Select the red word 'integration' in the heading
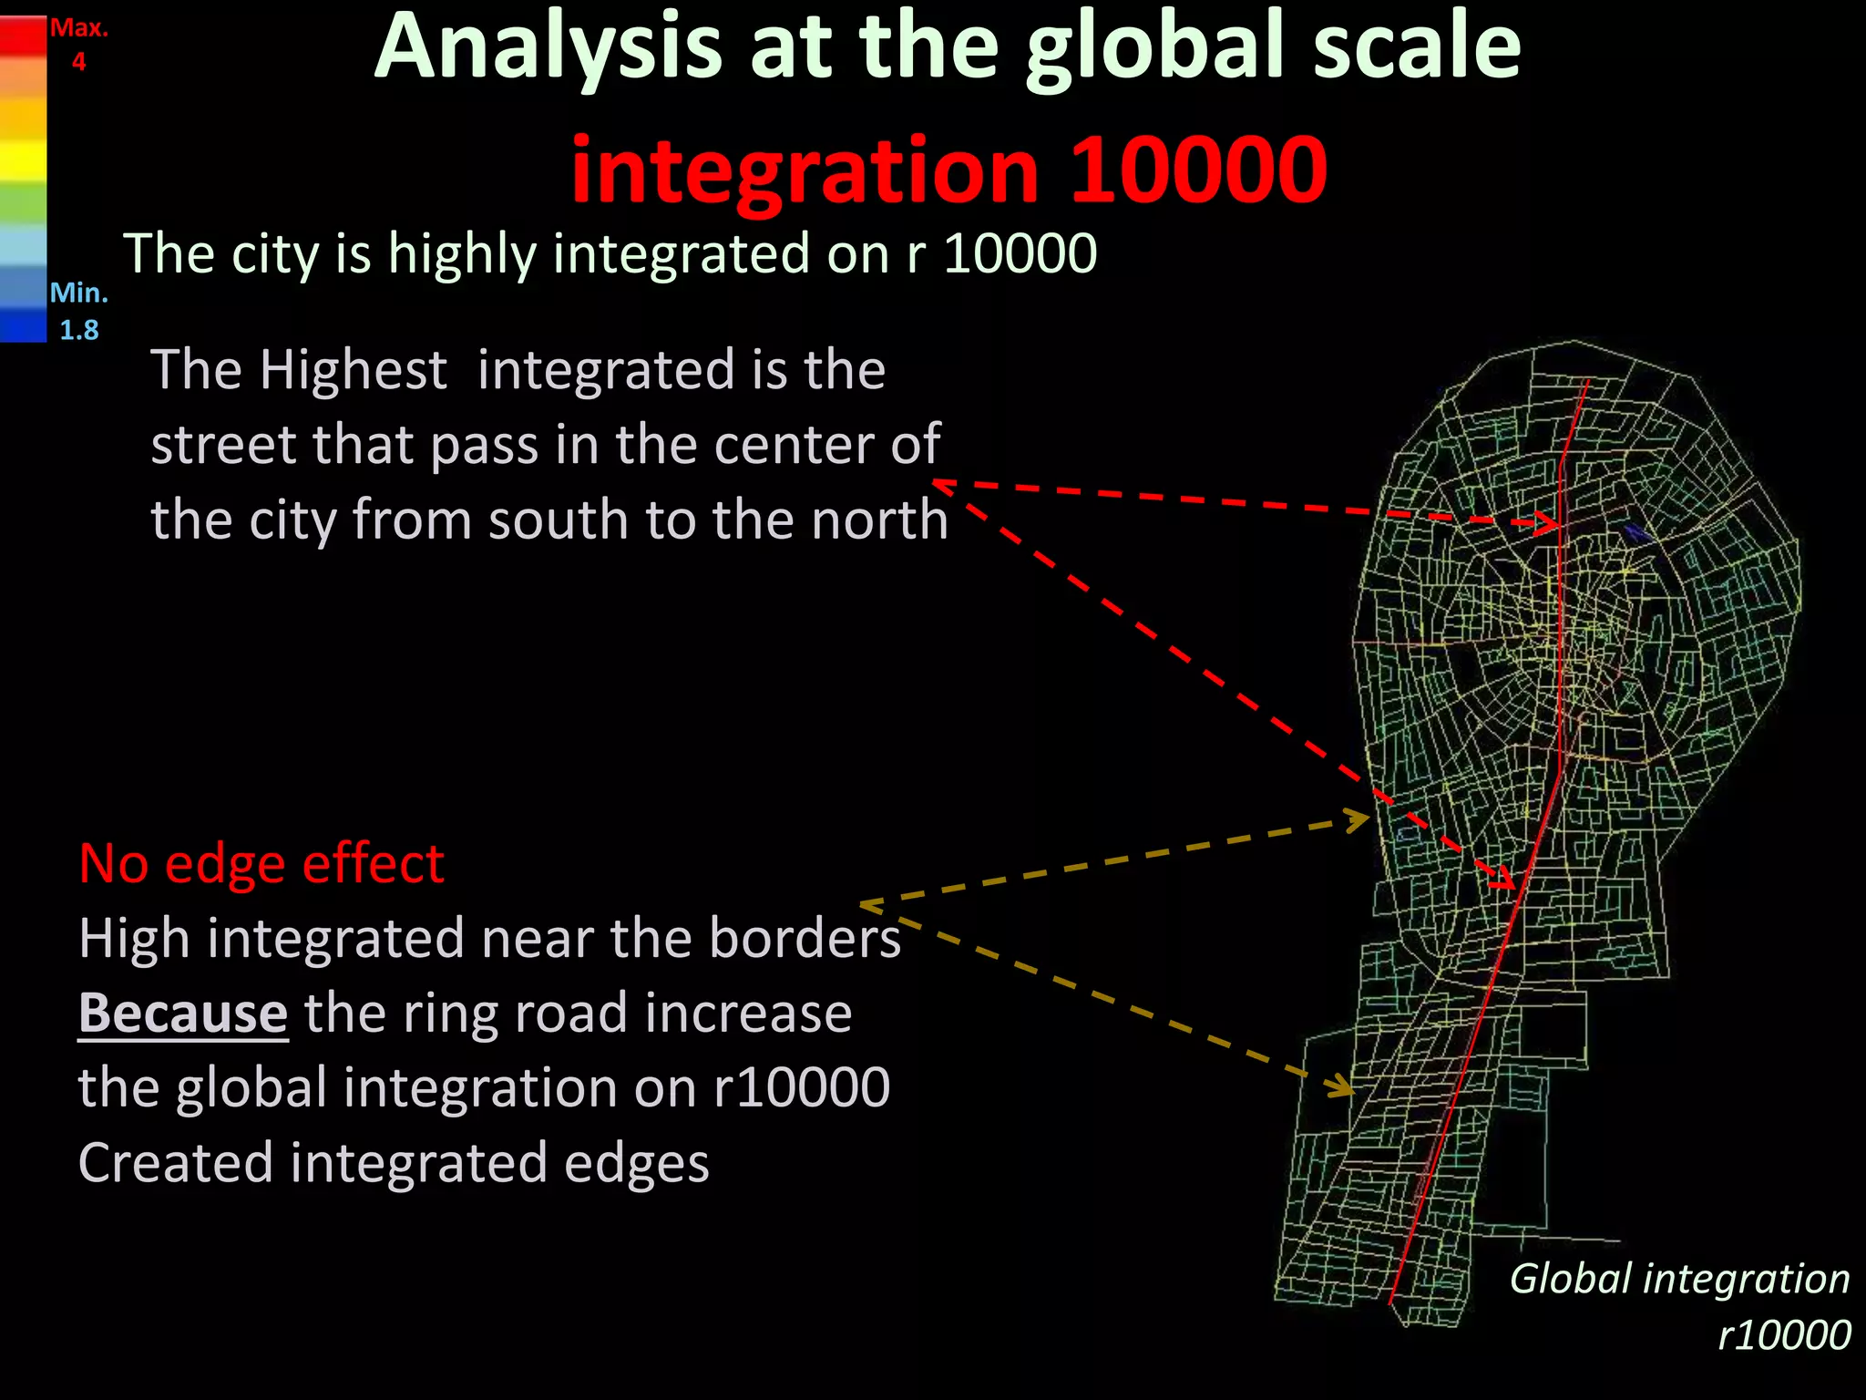[805, 170]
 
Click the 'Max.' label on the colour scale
[79, 27]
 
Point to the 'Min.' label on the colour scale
[79, 293]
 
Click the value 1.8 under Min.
[79, 329]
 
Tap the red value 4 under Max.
[79, 62]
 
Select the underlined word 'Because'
[183, 1014]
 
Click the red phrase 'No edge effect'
[261, 863]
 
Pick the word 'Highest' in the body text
[353, 370]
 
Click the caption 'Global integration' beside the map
[1679, 1278]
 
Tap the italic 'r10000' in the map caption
[1784, 1334]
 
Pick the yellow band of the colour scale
[23, 164]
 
